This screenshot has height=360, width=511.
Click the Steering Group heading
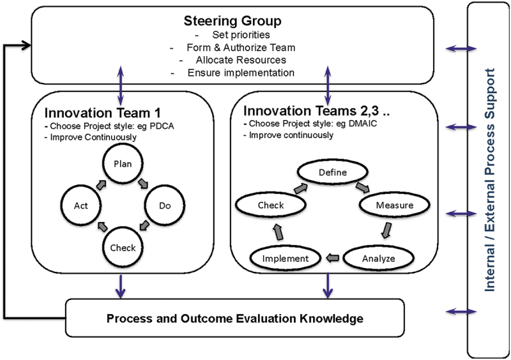233,21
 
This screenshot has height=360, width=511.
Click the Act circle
80,206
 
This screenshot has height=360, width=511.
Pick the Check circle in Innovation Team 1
123,248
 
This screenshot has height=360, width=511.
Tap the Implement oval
286,259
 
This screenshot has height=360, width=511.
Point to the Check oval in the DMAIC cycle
271,206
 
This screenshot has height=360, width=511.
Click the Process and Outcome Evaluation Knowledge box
235,318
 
